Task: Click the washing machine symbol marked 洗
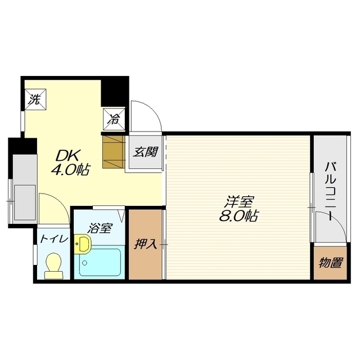(x=35, y=100)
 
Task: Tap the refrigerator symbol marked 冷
(x=114, y=119)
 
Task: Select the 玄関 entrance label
(x=146, y=152)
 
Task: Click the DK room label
(x=67, y=156)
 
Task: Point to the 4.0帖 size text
(x=70, y=170)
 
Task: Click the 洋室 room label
(x=239, y=201)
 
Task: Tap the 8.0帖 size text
(x=239, y=215)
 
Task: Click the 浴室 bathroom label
(x=100, y=228)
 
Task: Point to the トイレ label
(x=54, y=239)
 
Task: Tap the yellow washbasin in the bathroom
(x=83, y=244)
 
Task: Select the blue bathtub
(x=100, y=262)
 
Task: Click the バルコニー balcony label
(x=330, y=191)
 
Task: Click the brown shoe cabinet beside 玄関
(x=114, y=152)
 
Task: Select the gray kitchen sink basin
(x=25, y=202)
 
